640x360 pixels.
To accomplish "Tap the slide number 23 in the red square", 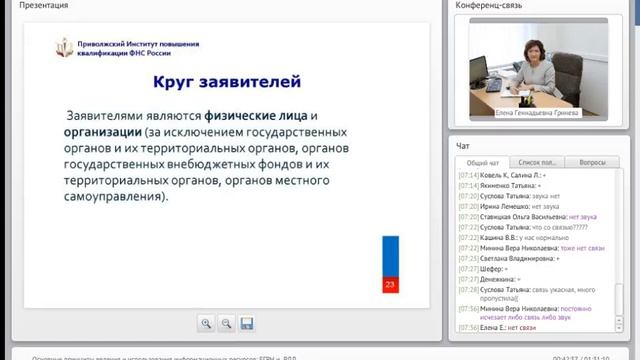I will point(390,286).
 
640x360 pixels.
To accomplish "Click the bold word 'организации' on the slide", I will point(99,131).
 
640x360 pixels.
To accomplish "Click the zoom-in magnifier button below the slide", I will point(206,323).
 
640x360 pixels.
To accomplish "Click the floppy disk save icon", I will point(246,323).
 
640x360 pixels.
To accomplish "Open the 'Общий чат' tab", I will point(483,162).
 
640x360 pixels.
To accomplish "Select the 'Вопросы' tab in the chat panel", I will point(592,162).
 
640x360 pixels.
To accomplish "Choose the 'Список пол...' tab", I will point(537,162).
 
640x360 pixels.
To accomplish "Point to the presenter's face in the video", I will point(525,52).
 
